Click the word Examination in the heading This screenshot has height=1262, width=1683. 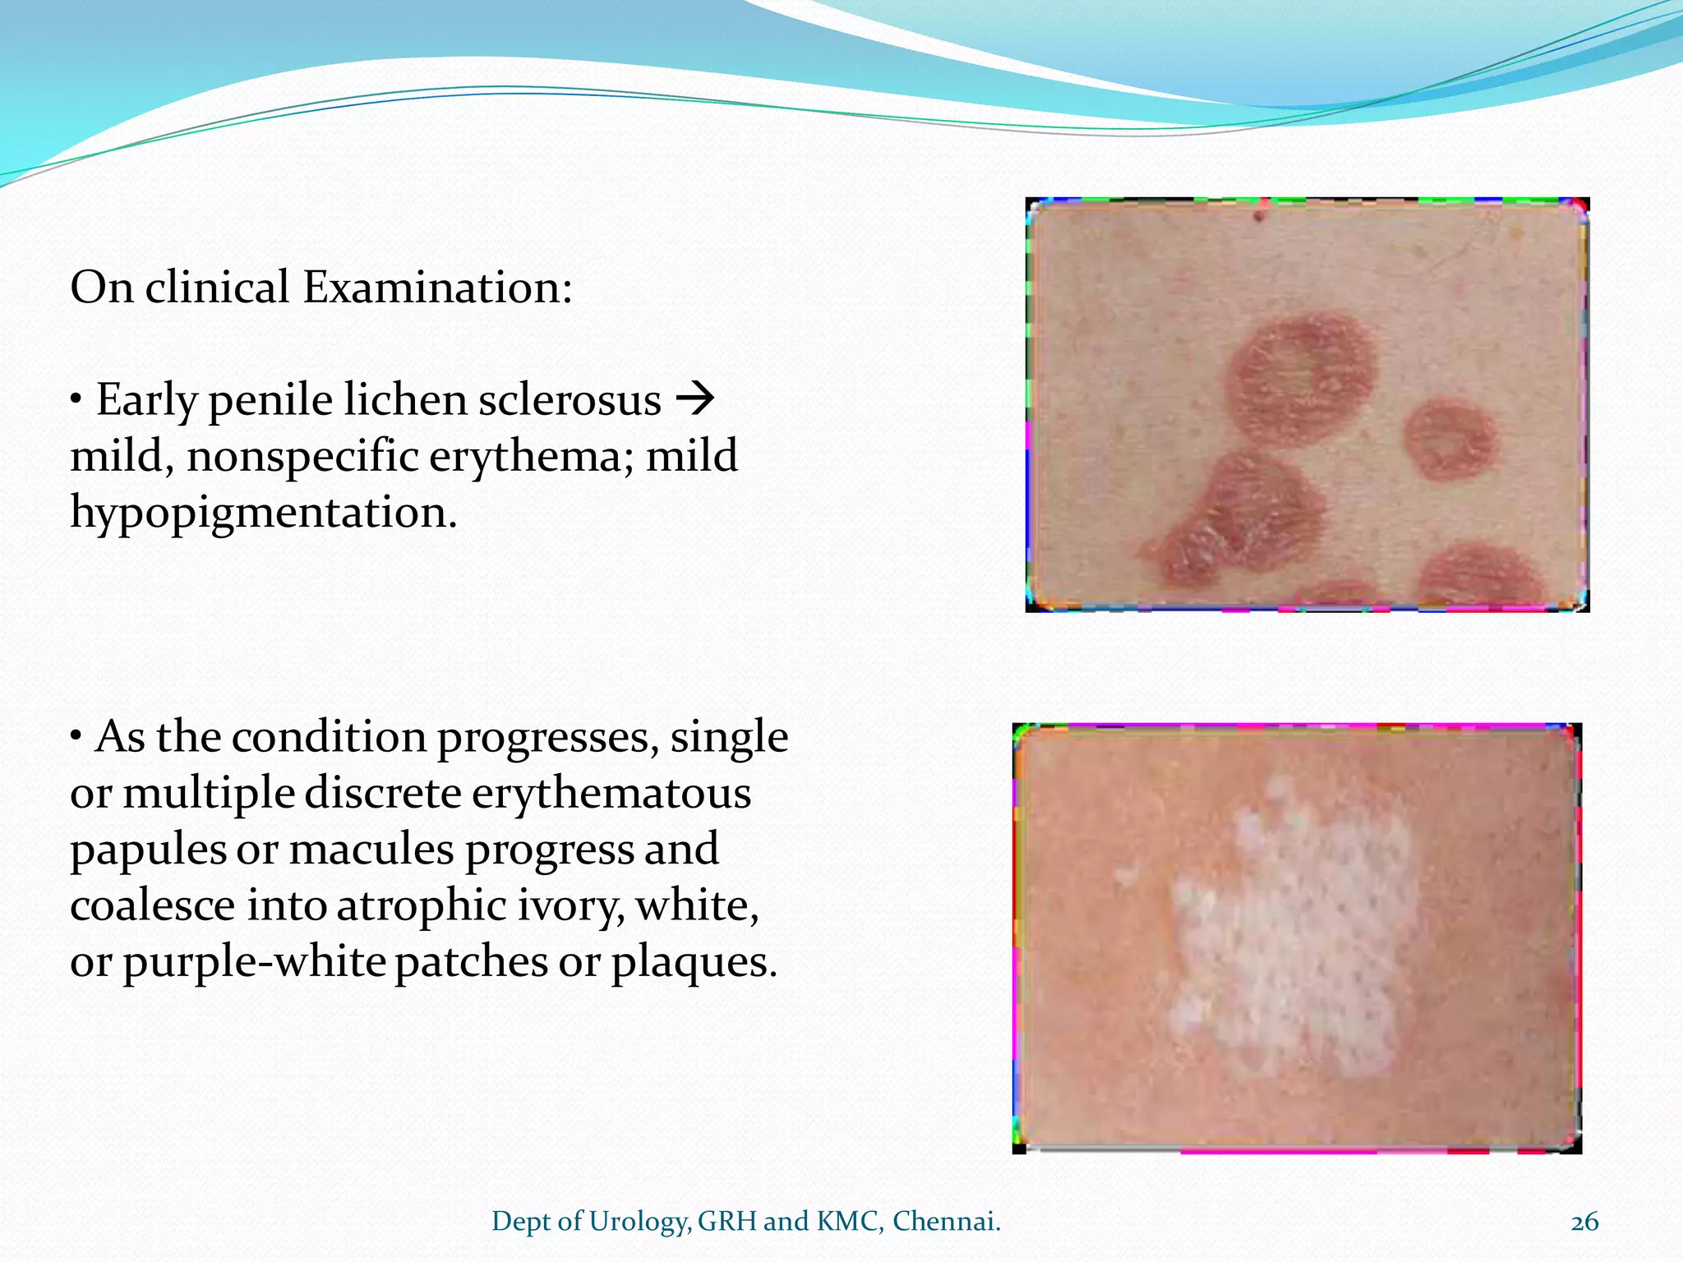436,288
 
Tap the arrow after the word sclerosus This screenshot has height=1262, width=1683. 694,400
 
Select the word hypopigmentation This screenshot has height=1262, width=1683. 263,514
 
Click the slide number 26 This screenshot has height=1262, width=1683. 1584,1222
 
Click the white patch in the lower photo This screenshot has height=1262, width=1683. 1298,928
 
